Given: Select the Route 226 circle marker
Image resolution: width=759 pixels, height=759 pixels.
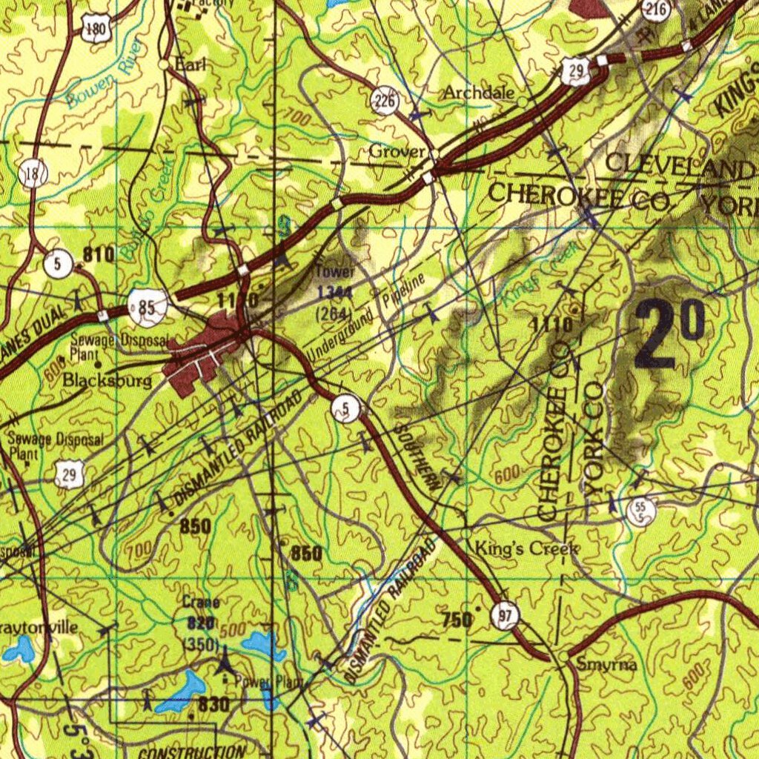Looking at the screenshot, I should tap(386, 102).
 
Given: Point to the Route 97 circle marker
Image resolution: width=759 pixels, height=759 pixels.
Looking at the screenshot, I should tap(506, 616).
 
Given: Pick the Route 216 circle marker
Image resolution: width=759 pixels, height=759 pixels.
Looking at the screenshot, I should tap(656, 10).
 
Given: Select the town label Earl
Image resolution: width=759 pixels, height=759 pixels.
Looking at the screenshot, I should tap(190, 64).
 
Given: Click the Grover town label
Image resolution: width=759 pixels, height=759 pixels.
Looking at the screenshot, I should tap(397, 151).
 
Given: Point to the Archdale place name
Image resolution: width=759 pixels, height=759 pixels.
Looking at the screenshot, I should tap(478, 93).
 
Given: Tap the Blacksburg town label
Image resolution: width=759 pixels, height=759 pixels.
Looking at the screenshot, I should tap(107, 381).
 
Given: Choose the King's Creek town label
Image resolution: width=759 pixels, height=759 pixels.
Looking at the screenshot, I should tap(526, 549).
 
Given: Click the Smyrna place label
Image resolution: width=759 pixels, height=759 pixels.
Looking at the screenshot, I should tap(606, 665).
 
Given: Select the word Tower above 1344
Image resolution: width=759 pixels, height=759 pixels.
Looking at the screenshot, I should tap(336, 272).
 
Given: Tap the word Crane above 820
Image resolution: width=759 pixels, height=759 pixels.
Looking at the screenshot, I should tap(201, 603).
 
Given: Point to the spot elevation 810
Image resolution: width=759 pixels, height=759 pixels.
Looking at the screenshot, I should tap(99, 255).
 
